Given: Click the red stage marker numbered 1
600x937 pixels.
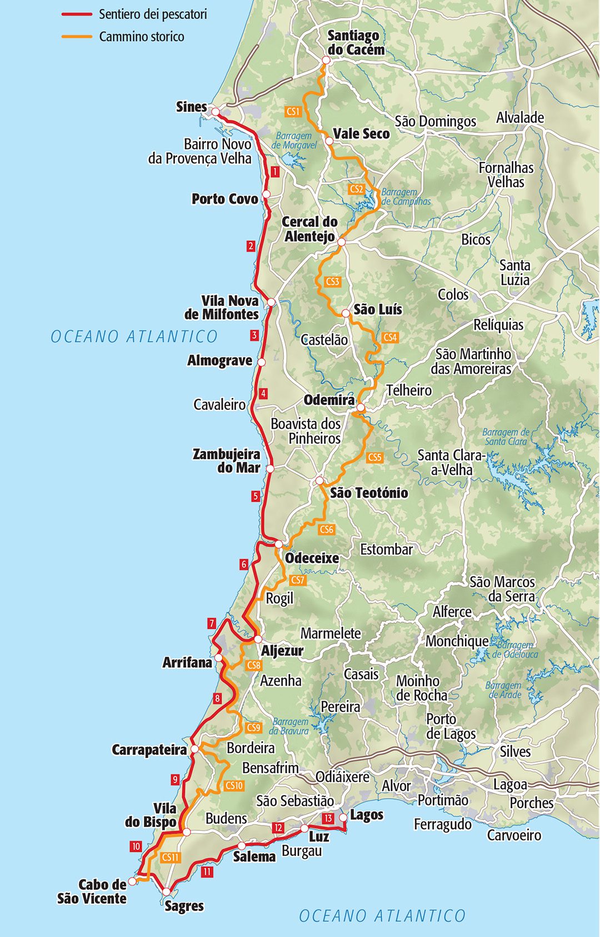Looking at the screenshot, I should coord(275,172).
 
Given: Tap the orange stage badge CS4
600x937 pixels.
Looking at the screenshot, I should coord(390,337).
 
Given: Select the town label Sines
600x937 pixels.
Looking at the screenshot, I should coord(191,107).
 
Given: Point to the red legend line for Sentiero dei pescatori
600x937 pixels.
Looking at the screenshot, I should coord(77,14).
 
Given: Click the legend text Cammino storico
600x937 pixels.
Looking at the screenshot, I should coord(142,37).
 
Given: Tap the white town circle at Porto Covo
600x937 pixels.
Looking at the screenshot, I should coord(266,194).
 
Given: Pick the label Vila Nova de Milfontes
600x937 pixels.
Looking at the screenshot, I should coord(222,308).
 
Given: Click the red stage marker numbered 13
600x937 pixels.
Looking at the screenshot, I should coord(328,818).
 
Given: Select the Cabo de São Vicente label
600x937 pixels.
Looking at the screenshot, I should coord(92,891).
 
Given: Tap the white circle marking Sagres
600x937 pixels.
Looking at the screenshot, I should coord(166,891).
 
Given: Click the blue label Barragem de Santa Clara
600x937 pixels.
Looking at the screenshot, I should coord(506,437).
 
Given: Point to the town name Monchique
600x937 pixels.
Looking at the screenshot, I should coord(457,641).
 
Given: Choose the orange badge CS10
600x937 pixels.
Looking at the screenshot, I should coord(234,786).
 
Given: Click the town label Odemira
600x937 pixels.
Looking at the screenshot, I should coord(329,400).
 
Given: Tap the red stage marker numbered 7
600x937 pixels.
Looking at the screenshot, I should coord(212,623).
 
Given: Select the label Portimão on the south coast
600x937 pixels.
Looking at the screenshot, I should coord(443,800).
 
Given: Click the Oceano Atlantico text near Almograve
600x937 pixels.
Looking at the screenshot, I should coord(134,336).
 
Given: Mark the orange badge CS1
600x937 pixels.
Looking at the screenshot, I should coord(293,111).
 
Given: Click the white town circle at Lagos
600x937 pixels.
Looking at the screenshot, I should coord(343,817).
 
